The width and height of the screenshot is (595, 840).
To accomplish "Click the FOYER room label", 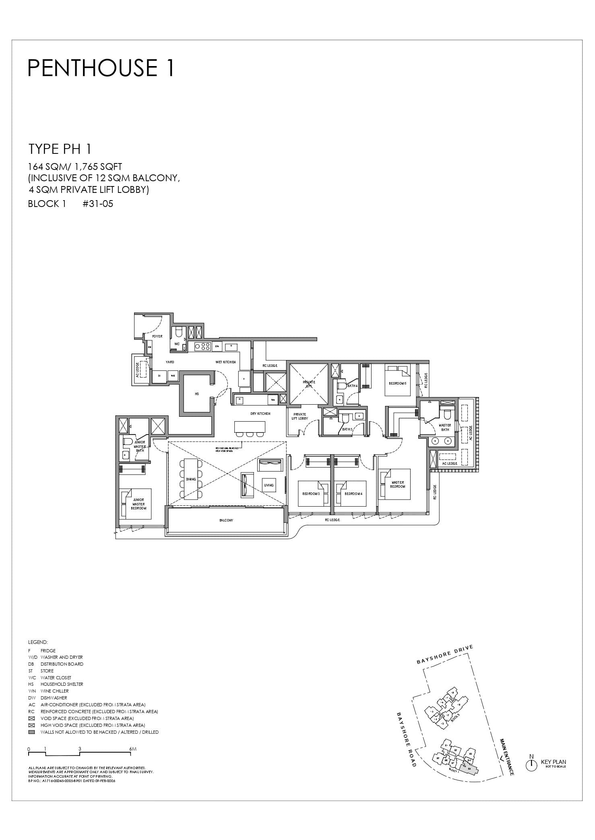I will (x=157, y=336).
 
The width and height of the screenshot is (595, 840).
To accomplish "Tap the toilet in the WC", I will (x=179, y=332).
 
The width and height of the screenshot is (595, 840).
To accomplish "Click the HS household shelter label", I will (x=197, y=394).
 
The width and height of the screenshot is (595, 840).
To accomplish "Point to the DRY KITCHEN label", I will (x=260, y=414).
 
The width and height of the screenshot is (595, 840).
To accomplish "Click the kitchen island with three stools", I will (x=250, y=426).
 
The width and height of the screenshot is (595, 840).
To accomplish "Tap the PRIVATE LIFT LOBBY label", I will (x=300, y=416).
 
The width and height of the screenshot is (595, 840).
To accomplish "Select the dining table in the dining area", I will (x=191, y=479).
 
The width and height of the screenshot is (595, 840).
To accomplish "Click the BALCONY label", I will (x=226, y=520).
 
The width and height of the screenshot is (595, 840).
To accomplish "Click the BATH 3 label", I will (x=347, y=429).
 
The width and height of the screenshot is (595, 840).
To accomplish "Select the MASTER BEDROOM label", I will (x=397, y=484).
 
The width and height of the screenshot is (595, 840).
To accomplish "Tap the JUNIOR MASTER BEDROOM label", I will (x=138, y=504).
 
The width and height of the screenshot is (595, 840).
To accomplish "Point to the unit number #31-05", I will (x=98, y=204).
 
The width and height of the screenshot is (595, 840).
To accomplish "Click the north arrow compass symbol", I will (x=531, y=765).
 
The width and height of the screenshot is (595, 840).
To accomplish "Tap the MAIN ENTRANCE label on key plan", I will (x=506, y=757).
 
